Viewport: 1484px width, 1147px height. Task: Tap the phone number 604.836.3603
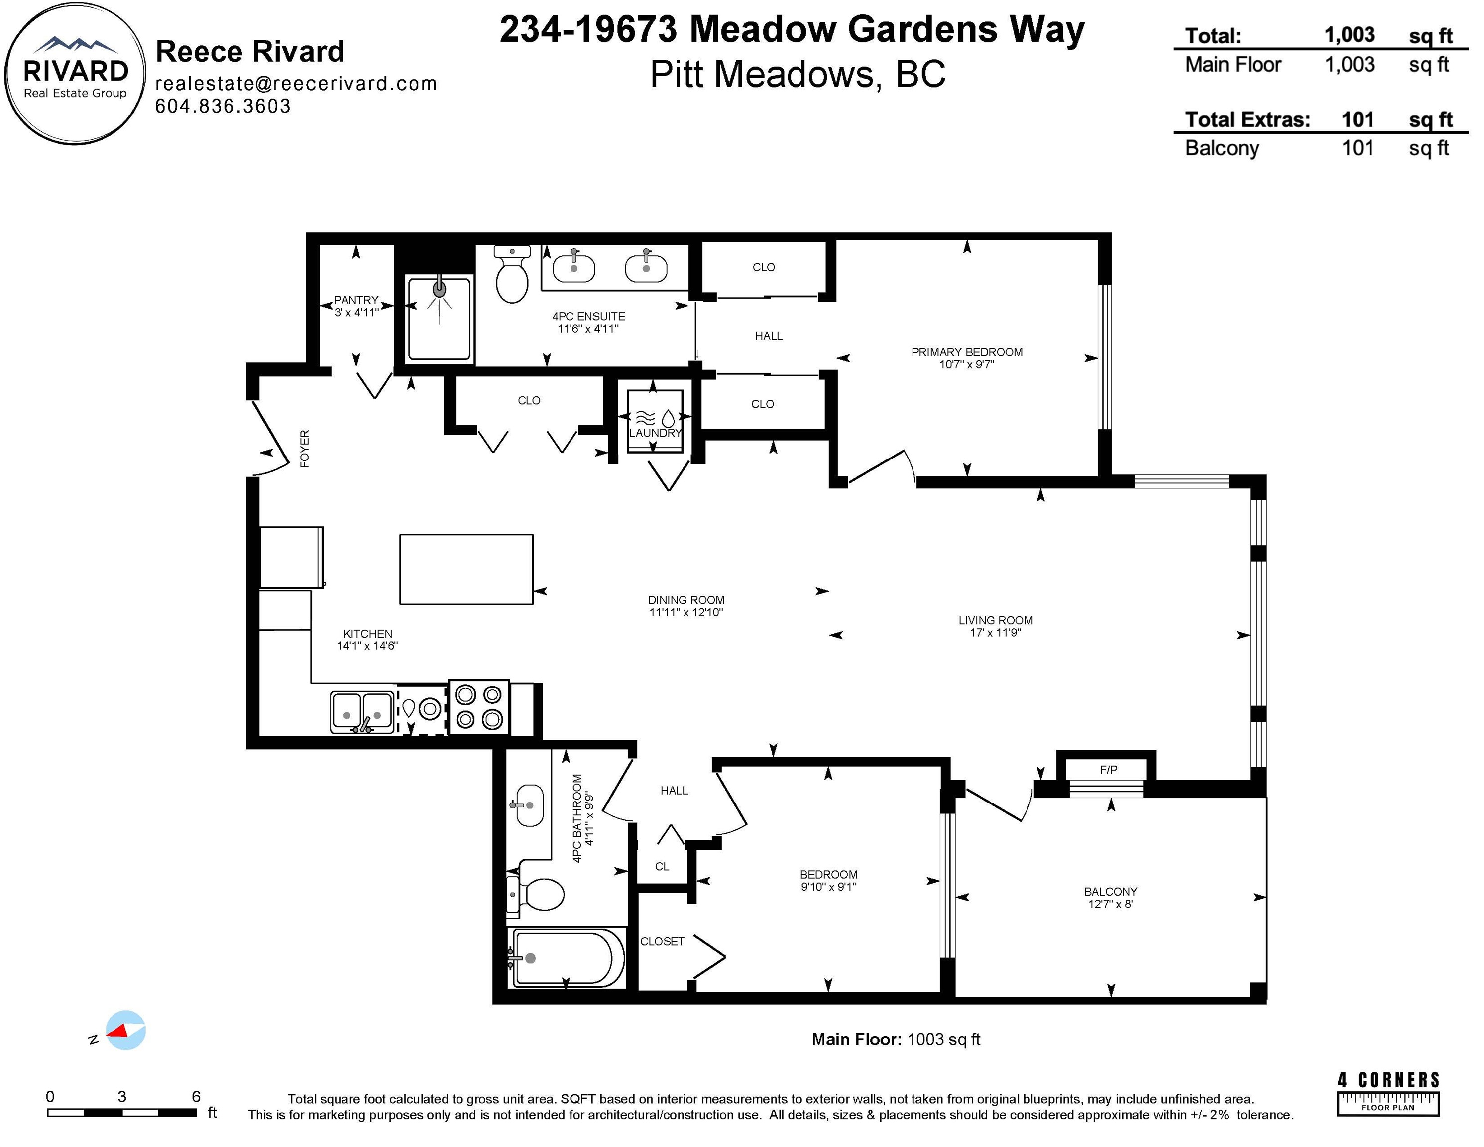pos(223,106)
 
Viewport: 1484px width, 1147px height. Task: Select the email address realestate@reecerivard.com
pos(296,84)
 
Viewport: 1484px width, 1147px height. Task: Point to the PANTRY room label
pos(355,300)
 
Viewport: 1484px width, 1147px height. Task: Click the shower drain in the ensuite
pos(440,289)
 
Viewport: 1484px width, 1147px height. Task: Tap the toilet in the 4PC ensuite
pos(512,274)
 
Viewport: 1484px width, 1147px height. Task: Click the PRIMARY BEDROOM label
pos(967,352)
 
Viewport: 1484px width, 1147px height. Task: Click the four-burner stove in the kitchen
pos(478,707)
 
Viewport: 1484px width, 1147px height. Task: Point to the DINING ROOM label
pos(686,600)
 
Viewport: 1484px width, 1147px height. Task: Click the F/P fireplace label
pos(1108,769)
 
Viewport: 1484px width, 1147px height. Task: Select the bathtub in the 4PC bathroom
pos(566,958)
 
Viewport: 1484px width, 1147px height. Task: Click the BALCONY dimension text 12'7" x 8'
pos(1110,904)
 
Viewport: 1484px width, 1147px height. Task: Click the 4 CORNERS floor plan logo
pos(1388,1093)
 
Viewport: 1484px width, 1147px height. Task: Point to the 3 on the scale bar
pos(121,1096)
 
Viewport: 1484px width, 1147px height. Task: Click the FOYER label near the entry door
pos(304,449)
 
